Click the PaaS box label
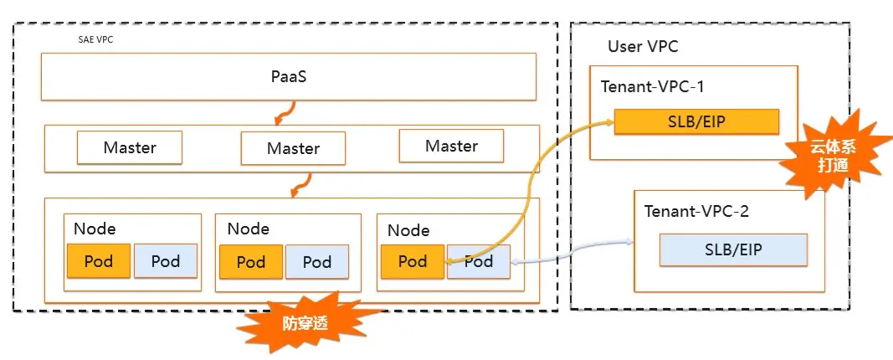[288, 76]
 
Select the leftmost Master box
[130, 147]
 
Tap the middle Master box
[293, 148]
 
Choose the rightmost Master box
[451, 146]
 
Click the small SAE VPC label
[90, 39]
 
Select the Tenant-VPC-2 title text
[696, 211]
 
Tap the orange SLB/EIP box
[696, 122]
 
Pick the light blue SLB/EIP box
[733, 249]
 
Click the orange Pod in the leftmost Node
[100, 261]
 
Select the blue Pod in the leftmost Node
[166, 261]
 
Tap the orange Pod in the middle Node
[251, 262]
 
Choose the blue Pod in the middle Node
[317, 262]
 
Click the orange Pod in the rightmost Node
[412, 261]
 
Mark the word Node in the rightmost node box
[409, 230]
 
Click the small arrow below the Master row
[301, 184]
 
